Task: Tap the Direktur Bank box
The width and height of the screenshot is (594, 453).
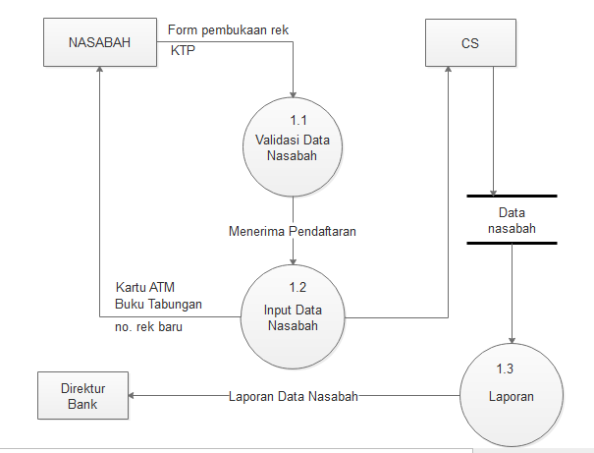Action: tap(82, 396)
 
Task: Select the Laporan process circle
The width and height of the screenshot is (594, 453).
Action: tap(512, 396)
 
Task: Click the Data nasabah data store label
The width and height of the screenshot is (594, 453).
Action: tap(512, 220)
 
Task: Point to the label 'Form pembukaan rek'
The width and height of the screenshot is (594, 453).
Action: tap(228, 29)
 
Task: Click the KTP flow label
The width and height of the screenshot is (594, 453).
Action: tap(183, 49)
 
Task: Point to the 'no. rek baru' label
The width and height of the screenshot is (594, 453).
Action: tap(148, 327)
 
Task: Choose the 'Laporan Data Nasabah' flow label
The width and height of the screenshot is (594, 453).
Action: tap(293, 396)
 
